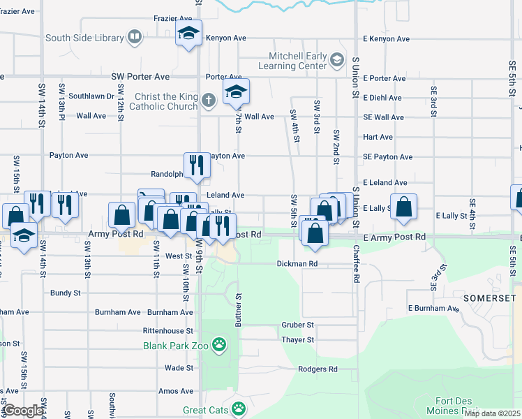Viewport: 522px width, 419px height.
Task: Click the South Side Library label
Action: click(x=83, y=38)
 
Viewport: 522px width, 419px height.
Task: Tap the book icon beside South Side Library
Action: click(x=134, y=37)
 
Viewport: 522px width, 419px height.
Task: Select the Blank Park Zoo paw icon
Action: click(x=219, y=344)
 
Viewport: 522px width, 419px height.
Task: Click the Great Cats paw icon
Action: click(x=239, y=408)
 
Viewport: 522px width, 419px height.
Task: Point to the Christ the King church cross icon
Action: click(x=207, y=100)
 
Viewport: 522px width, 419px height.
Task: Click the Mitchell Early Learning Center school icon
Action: click(x=337, y=60)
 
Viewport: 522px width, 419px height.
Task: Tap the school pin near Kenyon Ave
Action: click(x=188, y=34)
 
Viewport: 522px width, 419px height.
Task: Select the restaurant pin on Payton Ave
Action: click(x=197, y=165)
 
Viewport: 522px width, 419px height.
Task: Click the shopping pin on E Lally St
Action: click(x=403, y=207)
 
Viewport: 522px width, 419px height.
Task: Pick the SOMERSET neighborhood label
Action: click(x=496, y=298)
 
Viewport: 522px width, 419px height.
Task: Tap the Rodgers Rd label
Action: click(x=317, y=369)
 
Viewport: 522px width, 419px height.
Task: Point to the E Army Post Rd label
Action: click(x=395, y=237)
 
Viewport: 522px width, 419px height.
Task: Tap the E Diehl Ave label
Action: click(x=382, y=98)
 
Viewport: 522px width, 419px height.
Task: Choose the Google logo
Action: click(x=23, y=411)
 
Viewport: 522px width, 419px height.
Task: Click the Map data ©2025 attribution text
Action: click(x=493, y=413)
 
